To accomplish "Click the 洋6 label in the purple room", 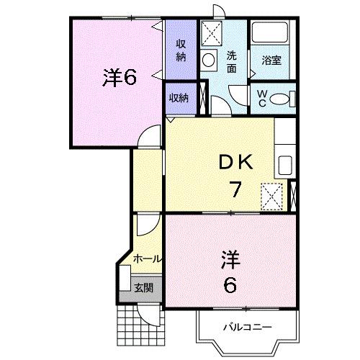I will coord(119,77).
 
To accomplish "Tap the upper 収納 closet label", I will coord(181,50).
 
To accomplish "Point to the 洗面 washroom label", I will coord(232,62).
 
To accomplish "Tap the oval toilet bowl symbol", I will coord(282,98).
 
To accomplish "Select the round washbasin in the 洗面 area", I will coord(211,60).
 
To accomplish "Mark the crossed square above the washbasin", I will coord(212,33).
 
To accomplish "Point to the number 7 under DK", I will coord(235,190).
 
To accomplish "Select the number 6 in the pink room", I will coord(230,285).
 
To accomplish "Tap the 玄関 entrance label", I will coord(143,288).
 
